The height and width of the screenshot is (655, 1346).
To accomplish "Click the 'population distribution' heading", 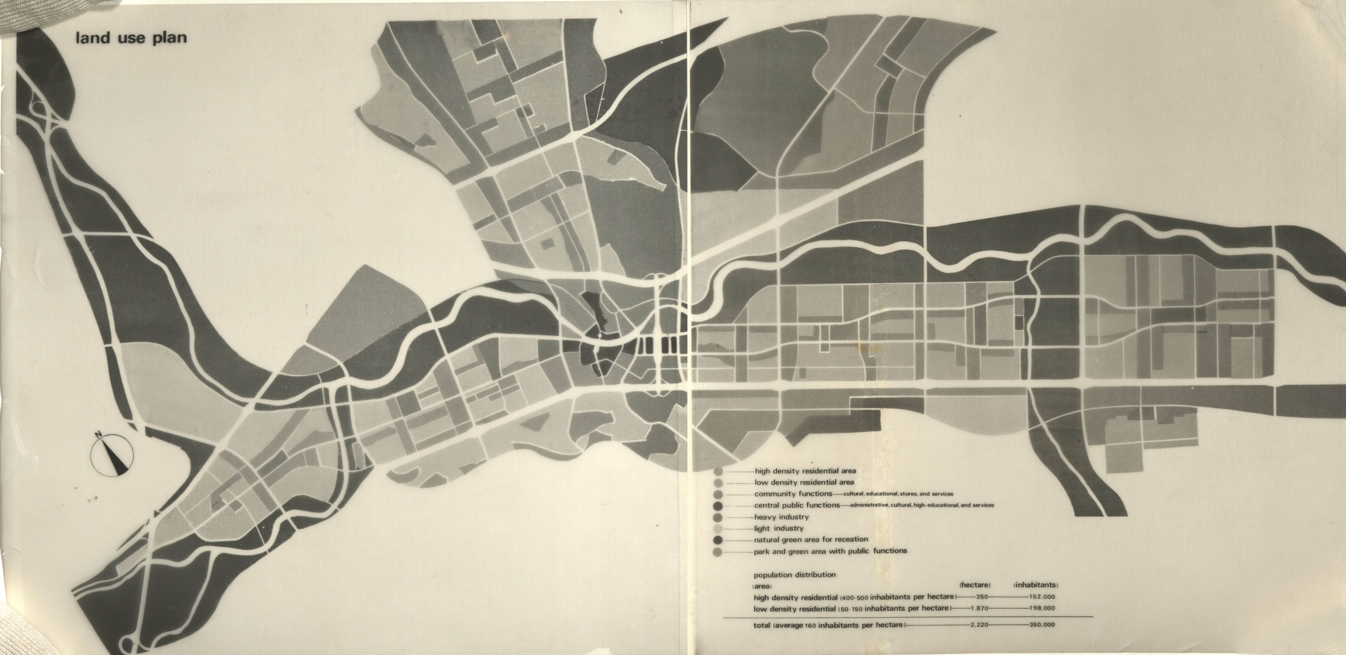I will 794,575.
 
